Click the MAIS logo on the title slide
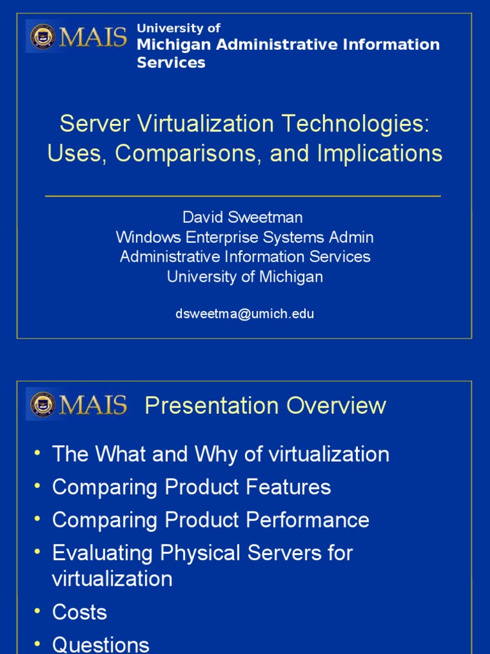(x=77, y=36)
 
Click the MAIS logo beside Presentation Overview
(x=77, y=406)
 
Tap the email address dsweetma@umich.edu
(x=245, y=314)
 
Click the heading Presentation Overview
(x=265, y=406)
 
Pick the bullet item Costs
(x=79, y=612)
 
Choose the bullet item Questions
(x=100, y=644)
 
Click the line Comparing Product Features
(x=191, y=487)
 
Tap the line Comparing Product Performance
(x=211, y=520)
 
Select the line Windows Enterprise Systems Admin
(x=245, y=238)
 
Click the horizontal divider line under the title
(x=242, y=196)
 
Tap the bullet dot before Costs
(x=38, y=611)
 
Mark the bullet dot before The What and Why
(x=38, y=453)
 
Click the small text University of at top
(x=179, y=28)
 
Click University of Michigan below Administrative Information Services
(x=245, y=277)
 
